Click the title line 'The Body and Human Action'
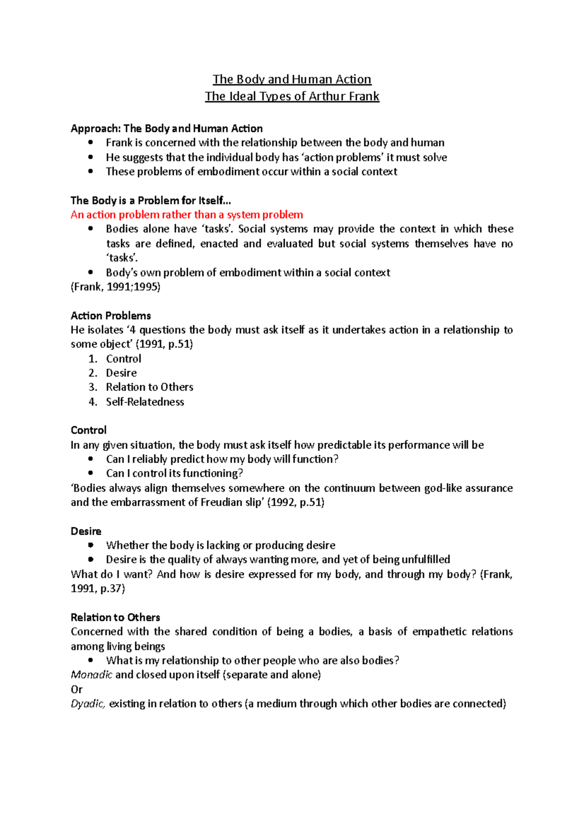[x=292, y=79]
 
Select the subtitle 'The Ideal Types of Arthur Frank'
[x=292, y=96]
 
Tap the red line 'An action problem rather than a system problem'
[x=187, y=215]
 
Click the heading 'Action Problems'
[x=110, y=315]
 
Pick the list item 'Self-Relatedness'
[x=145, y=401]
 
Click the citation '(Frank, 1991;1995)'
[x=115, y=287]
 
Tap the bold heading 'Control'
[x=88, y=430]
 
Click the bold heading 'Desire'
[x=86, y=531]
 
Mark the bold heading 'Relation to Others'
[x=115, y=617]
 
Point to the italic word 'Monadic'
[x=91, y=675]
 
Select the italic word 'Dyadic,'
[x=88, y=703]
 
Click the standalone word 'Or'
[x=76, y=689]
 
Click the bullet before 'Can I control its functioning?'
[x=91, y=473]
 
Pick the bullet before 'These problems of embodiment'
[x=91, y=171]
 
